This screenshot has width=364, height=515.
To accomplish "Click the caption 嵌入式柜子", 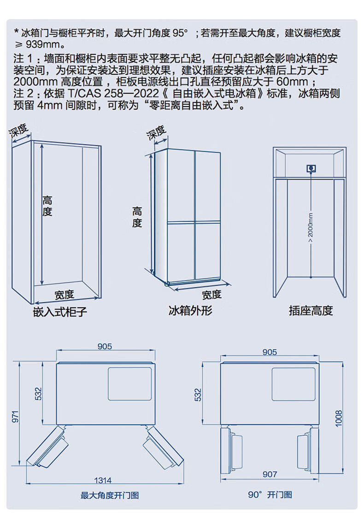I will (60, 311).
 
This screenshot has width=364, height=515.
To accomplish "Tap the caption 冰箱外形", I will (190, 310).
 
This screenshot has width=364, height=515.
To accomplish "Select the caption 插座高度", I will (311, 311).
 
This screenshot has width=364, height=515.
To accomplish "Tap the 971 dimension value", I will (15, 417).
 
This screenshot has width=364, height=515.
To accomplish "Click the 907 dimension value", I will (270, 474).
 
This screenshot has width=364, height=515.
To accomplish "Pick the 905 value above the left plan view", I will (105, 347).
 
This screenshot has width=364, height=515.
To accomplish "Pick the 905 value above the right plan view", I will (270, 352).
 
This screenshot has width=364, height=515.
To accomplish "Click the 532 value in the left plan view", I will (39, 394).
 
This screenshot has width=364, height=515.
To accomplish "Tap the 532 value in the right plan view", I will (199, 395).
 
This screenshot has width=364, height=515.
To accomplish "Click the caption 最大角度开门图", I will (110, 496).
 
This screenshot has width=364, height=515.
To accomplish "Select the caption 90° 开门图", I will (270, 495).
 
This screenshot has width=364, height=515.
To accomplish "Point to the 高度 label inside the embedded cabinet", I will (47, 206).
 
